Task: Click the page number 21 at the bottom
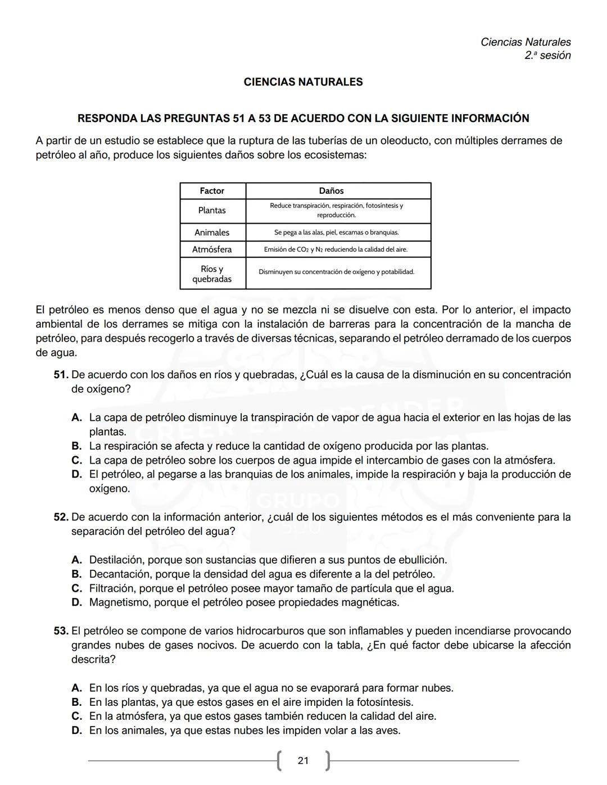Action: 303,760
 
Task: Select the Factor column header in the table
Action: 212,191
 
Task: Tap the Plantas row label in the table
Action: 212,210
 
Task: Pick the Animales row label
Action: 212,233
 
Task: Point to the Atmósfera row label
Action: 212,249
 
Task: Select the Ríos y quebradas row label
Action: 212,274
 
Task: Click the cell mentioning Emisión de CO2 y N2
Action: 336,249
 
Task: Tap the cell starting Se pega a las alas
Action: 336,233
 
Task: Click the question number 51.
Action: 61,375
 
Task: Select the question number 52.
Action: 61,517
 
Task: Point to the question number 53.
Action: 61,631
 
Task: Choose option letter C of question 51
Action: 77,460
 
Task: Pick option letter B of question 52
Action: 77,574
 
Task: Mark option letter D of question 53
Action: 77,730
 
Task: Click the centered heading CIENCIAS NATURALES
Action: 303,82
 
